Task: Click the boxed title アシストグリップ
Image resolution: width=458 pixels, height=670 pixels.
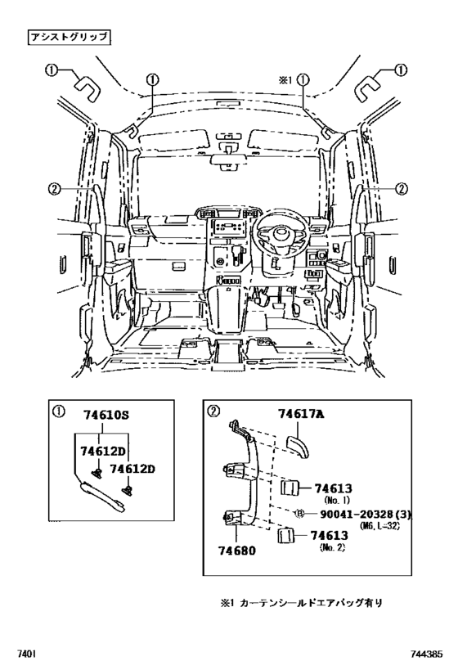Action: click(x=69, y=37)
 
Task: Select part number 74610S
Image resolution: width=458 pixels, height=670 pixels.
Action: click(x=106, y=415)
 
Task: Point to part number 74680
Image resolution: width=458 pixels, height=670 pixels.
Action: click(x=237, y=550)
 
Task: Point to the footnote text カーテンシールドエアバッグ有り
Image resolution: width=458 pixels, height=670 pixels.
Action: click(x=311, y=604)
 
